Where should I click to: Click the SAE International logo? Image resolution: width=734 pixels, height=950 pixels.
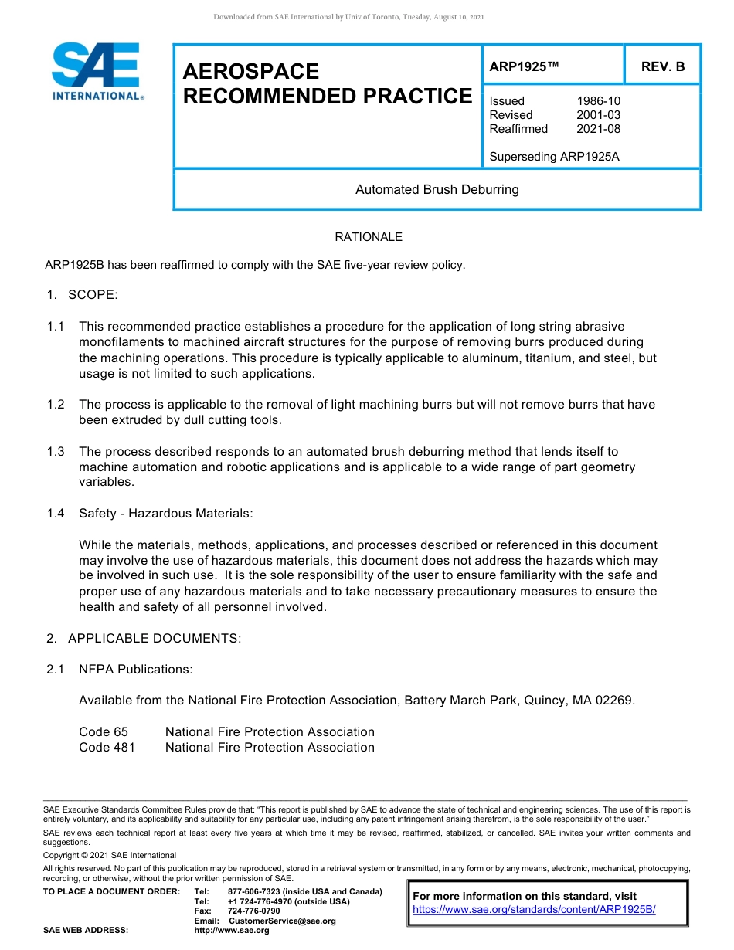point(97,71)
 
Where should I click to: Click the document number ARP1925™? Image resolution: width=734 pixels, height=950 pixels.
point(523,67)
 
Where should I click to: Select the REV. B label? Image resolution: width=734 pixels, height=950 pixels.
point(663,67)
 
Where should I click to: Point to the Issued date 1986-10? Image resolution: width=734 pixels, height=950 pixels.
point(598,101)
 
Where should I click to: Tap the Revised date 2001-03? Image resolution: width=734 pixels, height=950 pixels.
point(598,115)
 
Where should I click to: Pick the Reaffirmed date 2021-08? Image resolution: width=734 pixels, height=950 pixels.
point(598,129)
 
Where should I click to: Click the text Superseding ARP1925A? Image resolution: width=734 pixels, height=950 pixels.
point(554,157)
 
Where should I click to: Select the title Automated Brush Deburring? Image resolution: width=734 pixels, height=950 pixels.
point(437,189)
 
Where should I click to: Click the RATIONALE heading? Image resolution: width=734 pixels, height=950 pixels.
point(369,237)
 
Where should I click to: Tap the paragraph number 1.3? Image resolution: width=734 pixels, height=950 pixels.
point(55,452)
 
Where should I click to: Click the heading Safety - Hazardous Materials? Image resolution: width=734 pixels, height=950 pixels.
point(165,514)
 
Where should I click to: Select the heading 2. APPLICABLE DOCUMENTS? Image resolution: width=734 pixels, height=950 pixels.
point(144,639)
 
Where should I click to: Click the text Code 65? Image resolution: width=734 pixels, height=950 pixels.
point(104,732)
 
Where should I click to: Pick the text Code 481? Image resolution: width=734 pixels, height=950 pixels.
point(107,748)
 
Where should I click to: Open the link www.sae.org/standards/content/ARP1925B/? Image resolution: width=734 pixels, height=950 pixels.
point(534,910)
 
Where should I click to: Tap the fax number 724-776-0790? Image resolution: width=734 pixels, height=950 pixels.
point(253,911)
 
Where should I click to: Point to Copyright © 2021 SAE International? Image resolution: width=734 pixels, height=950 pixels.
point(110,855)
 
